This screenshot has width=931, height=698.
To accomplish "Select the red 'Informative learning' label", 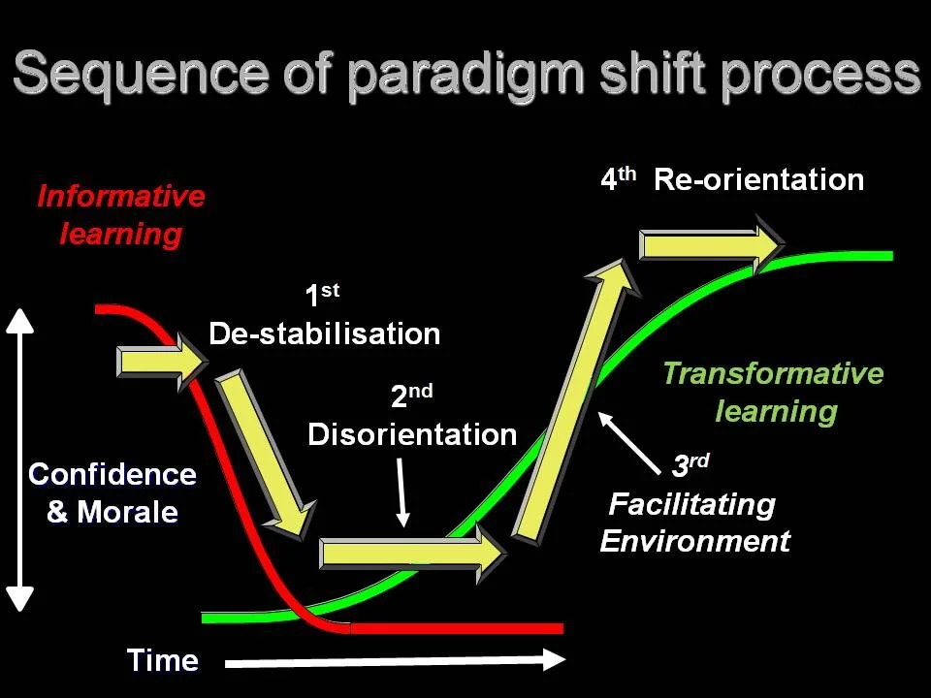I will pyautogui.click(x=121, y=214).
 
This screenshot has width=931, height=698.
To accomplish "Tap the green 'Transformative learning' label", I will pyautogui.click(x=774, y=392).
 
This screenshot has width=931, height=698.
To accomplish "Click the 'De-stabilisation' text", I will pyautogui.click(x=325, y=334).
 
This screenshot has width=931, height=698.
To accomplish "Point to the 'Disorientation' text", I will pyautogui.click(x=412, y=433).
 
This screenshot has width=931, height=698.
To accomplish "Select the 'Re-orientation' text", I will pyautogui.click(x=758, y=179).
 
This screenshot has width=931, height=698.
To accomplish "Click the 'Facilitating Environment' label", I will pyautogui.click(x=694, y=523).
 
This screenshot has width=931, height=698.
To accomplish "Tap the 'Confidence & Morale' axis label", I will pyautogui.click(x=112, y=492).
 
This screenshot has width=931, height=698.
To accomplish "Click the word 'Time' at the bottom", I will pyautogui.click(x=163, y=660).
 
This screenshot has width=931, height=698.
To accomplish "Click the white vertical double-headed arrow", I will pyautogui.click(x=20, y=460).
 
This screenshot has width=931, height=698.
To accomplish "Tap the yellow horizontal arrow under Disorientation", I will pyautogui.click(x=413, y=554).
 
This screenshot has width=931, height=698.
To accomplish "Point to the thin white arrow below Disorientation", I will pyautogui.click(x=402, y=492).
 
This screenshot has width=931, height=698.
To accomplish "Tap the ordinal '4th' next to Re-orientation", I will pyautogui.click(x=618, y=179).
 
